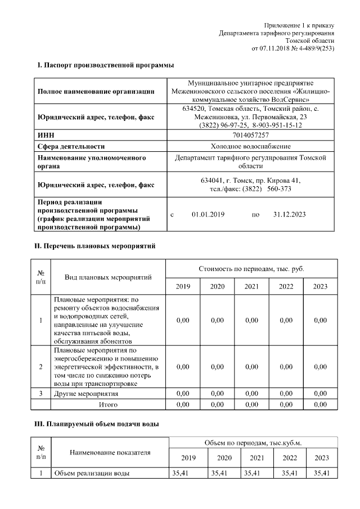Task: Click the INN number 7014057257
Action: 250,136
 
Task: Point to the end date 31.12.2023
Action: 289,214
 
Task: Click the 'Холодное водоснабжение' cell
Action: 250,146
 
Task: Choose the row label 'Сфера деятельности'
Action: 71,146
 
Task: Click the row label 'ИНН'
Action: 46,136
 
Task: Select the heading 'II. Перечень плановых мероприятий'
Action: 94,246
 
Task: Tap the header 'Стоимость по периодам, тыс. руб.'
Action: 251,269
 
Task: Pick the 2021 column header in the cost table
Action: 251,286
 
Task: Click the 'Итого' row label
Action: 108,404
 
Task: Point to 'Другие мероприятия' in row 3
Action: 85,394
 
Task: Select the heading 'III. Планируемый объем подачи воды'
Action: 97,423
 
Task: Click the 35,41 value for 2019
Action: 180,473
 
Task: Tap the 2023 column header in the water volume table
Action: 321,458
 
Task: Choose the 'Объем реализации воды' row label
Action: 92,473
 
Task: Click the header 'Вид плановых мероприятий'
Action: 108,278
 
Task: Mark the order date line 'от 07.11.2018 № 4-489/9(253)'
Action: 292,48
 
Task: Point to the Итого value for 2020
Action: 217,404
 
